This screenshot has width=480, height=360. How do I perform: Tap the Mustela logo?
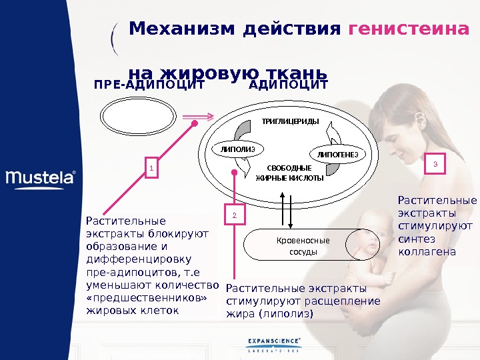(x=41, y=178)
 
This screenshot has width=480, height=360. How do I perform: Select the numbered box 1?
(x=151, y=169)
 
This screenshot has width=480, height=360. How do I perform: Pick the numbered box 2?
(x=235, y=215)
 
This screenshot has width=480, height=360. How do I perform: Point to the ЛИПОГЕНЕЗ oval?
(x=337, y=155)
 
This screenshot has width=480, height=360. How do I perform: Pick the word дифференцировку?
(x=139, y=259)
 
